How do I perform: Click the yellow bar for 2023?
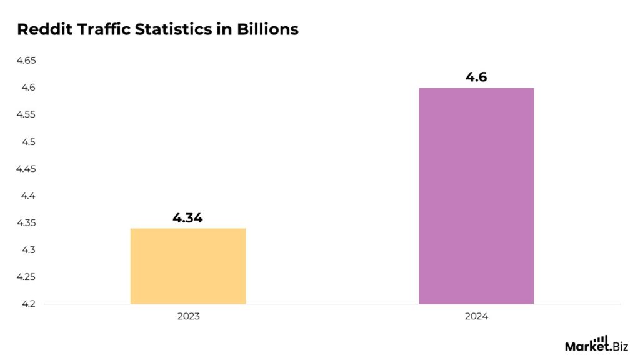click(188, 266)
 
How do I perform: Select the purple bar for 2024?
click(476, 196)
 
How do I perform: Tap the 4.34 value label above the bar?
click(188, 218)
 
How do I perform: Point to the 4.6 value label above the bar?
click(476, 77)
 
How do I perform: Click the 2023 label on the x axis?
click(188, 317)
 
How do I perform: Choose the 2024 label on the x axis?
click(476, 317)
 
